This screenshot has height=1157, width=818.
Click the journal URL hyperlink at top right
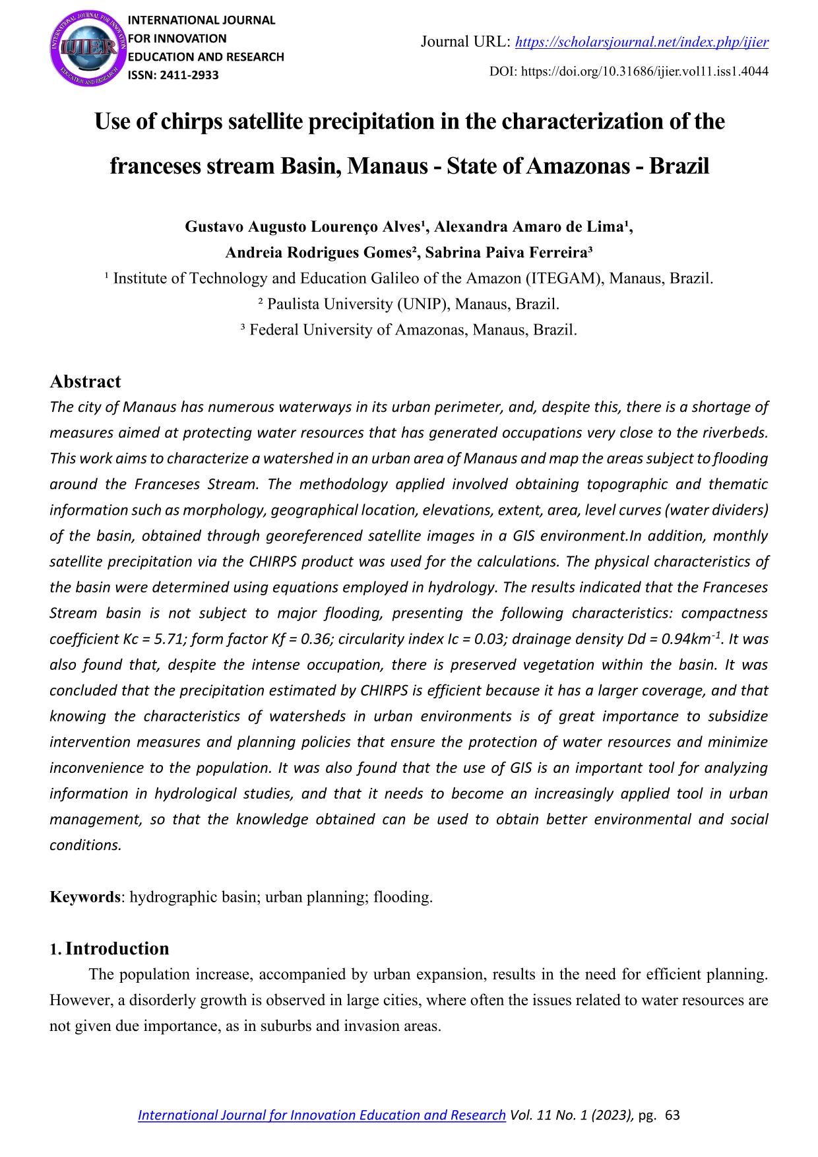641,43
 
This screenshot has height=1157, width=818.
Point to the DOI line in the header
629,71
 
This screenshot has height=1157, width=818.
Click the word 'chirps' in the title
191,122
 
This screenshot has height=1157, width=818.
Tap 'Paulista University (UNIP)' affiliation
356,304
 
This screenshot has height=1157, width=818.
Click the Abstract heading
85,381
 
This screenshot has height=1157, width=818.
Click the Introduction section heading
117,948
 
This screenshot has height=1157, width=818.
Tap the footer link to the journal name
321,1115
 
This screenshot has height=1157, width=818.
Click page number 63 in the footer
673,1115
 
